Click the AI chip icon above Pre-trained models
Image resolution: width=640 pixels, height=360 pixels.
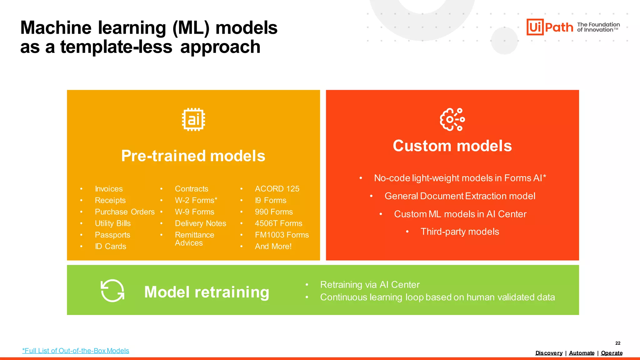tap(193, 119)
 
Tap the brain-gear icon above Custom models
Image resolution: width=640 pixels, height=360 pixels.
tap(452, 119)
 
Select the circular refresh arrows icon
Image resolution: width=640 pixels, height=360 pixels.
tap(112, 291)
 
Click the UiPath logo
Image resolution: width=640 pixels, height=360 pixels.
tap(550, 27)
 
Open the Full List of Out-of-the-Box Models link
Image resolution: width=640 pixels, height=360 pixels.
tap(76, 351)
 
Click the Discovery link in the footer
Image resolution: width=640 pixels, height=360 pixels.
tap(549, 353)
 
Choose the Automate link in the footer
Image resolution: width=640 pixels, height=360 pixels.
tap(582, 353)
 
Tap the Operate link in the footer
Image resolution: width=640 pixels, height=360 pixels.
tap(612, 353)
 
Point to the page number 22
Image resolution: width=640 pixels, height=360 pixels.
tap(618, 343)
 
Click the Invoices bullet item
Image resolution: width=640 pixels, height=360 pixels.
tap(109, 189)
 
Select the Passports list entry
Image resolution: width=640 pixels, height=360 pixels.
tap(112, 235)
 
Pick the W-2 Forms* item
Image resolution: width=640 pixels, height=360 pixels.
tap(196, 200)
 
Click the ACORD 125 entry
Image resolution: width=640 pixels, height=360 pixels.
tap(277, 189)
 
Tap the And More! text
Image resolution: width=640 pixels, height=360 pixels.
tap(273, 247)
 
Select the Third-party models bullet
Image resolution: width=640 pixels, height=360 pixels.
tap(459, 232)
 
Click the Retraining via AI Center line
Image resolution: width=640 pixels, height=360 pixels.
tap(370, 285)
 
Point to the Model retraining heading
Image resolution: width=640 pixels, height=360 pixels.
tap(207, 292)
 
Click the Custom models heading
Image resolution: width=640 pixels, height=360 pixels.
tap(452, 146)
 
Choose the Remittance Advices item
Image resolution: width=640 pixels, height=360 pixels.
tap(194, 239)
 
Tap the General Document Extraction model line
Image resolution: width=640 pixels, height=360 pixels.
tap(460, 196)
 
